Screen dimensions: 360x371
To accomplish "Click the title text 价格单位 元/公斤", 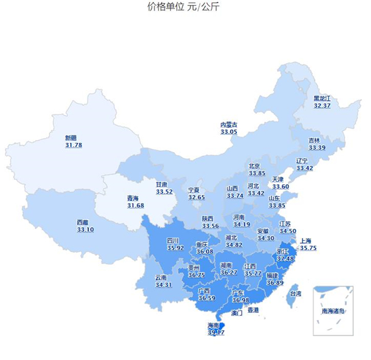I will click(x=183, y=7).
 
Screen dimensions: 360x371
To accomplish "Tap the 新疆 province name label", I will click(x=72, y=138).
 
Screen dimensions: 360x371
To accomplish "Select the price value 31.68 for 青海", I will click(x=135, y=205).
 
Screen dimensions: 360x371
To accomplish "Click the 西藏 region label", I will click(x=83, y=222).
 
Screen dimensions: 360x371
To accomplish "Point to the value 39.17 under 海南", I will click(x=216, y=332).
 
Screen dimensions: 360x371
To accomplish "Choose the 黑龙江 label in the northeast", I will click(x=322, y=98).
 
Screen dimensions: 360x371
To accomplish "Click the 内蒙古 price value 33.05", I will click(x=229, y=132).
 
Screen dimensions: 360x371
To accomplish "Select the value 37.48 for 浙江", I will click(x=285, y=259).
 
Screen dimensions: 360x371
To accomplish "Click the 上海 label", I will click(x=305, y=241).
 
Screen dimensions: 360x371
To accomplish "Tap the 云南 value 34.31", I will click(x=163, y=285).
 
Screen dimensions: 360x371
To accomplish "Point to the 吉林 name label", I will click(x=315, y=140).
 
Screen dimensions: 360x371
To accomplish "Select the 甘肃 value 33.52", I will click(x=164, y=192).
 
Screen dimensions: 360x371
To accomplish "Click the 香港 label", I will click(x=253, y=309).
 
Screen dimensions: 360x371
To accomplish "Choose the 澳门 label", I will click(x=236, y=314).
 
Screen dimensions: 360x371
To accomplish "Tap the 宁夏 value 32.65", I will click(x=197, y=197).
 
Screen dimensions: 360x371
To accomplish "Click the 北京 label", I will click(x=255, y=166).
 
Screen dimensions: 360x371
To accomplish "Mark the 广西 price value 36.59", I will click(x=207, y=298).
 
